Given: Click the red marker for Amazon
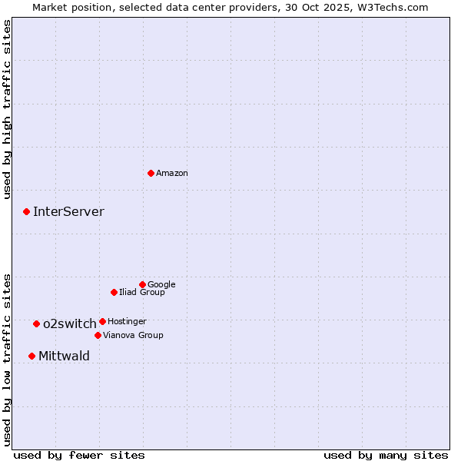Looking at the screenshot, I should coord(151,173).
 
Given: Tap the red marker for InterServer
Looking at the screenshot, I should coord(26,211).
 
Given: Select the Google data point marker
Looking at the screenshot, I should coord(142,284).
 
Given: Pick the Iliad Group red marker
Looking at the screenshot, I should coord(114,292).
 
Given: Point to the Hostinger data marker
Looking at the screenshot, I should coord(102,321).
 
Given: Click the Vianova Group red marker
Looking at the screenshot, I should coord(98,335).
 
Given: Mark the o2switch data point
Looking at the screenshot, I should coord(36,323).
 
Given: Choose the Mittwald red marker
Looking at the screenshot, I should coord(32,356).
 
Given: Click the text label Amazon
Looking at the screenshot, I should coord(172,174).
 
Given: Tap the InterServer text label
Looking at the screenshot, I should coord(68,212).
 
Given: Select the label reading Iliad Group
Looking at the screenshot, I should coord(142,292).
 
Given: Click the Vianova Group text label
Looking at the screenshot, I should coord(133,335).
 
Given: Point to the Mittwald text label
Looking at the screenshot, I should coord(64,356).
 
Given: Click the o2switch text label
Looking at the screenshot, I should coord(70,323).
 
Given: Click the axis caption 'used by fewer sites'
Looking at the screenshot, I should coord(79,455).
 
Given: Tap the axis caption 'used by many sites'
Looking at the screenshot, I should coord(386,455).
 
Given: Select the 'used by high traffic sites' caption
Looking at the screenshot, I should coord(8,109).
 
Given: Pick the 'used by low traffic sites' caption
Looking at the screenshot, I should coord(8,359).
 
